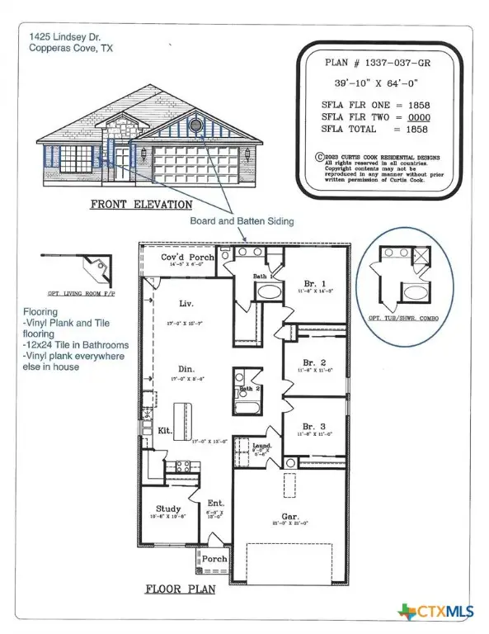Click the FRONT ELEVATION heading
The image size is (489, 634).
point(142,204)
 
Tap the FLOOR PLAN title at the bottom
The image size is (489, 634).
point(181,589)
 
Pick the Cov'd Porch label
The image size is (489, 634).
point(187,258)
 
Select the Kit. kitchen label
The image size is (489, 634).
point(164,431)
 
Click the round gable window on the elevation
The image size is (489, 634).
point(196,125)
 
